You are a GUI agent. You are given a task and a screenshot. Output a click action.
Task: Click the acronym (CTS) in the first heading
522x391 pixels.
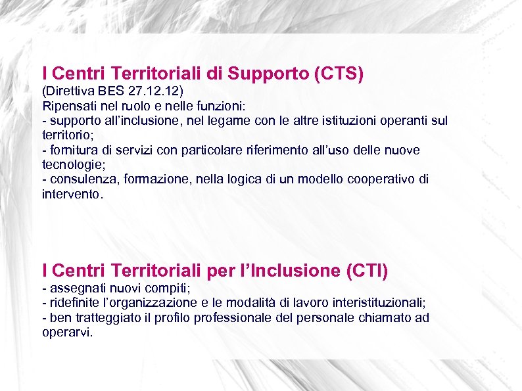tap(339, 74)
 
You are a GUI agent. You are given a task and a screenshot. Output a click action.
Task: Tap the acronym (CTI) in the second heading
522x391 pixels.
tap(366, 270)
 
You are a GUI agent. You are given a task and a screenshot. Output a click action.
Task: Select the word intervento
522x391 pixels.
tap(70, 195)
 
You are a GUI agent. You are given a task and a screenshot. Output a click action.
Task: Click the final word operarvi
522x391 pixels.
tap(66, 333)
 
